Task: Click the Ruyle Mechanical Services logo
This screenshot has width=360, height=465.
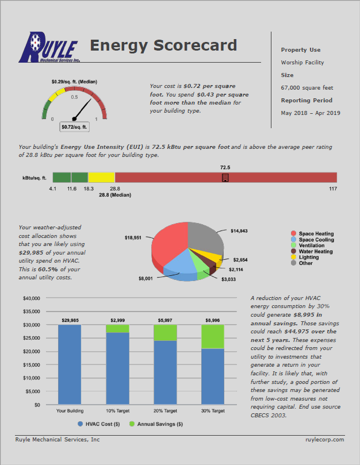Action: [49, 47]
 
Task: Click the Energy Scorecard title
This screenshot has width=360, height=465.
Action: [163, 45]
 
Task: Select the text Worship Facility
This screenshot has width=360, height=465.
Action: [302, 63]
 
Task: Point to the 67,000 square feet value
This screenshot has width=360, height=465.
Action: [307, 88]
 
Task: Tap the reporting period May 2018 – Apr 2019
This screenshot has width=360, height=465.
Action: [310, 113]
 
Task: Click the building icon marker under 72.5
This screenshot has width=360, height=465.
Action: [225, 178]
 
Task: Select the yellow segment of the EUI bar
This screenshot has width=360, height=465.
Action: [101, 178]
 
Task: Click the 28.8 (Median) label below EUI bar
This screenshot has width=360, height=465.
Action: [115, 195]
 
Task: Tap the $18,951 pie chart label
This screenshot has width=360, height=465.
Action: [134, 237]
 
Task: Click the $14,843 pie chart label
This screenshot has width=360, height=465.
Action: [240, 230]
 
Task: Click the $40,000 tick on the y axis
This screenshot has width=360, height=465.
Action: [30, 298]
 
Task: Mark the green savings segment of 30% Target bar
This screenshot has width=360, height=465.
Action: [213, 336]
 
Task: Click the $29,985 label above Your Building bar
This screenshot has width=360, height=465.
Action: [70, 319]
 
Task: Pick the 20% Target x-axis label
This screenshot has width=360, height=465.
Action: [165, 411]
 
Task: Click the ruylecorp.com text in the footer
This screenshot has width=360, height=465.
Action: [324, 439]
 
